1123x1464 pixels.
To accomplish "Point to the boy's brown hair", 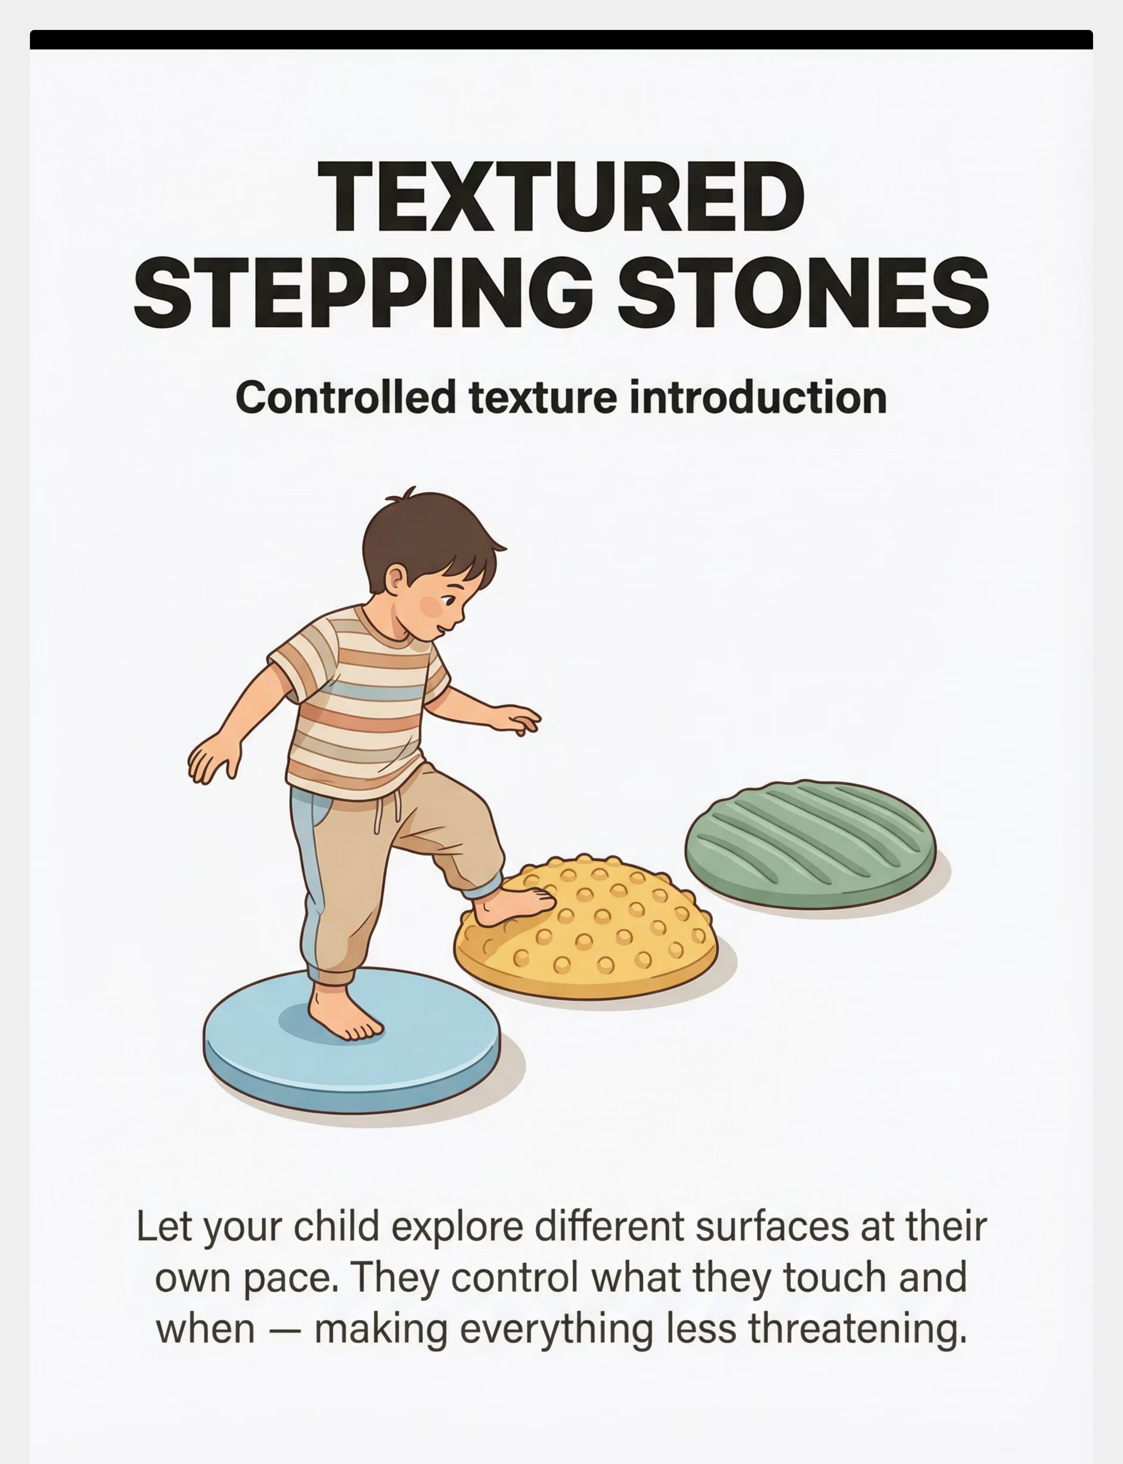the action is point(428,535).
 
